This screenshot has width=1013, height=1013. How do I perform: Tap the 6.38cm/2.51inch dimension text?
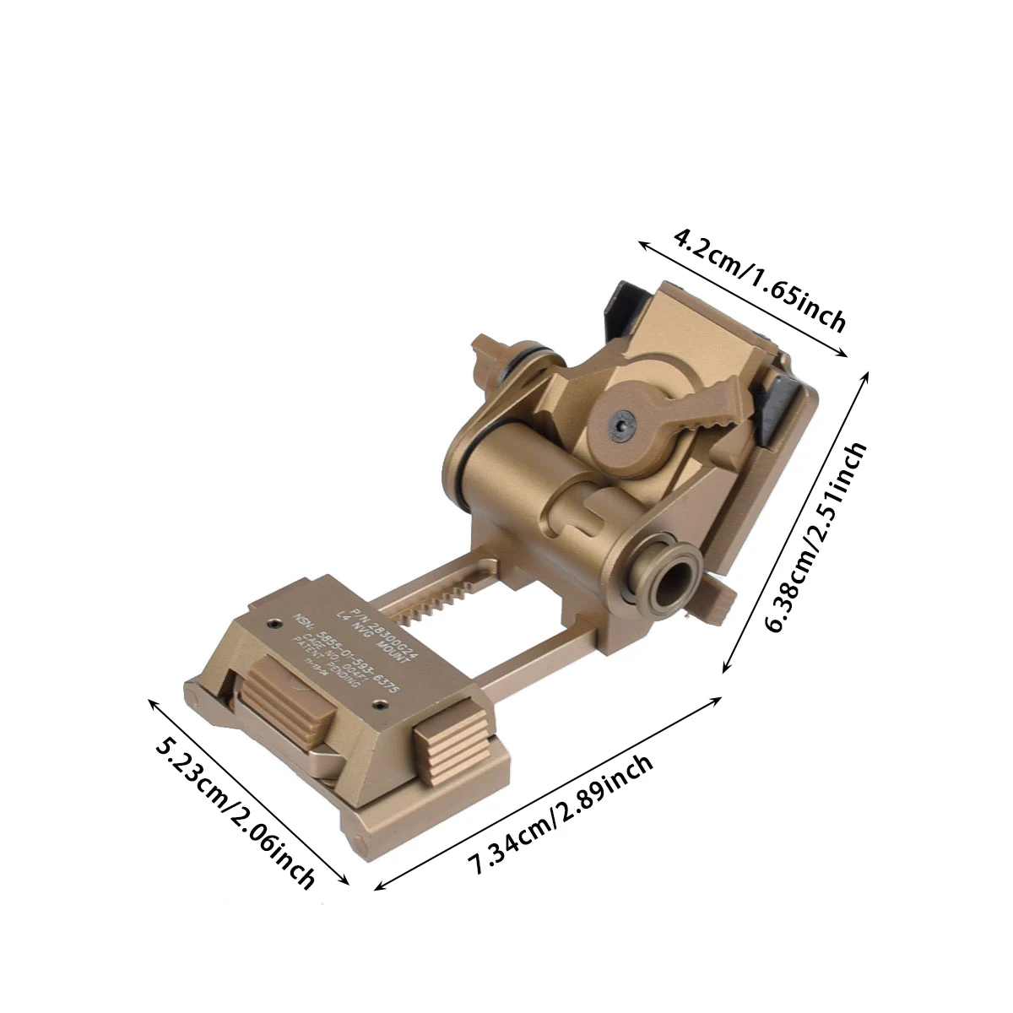[814, 538]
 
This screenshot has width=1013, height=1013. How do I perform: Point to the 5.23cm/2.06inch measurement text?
[236, 814]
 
